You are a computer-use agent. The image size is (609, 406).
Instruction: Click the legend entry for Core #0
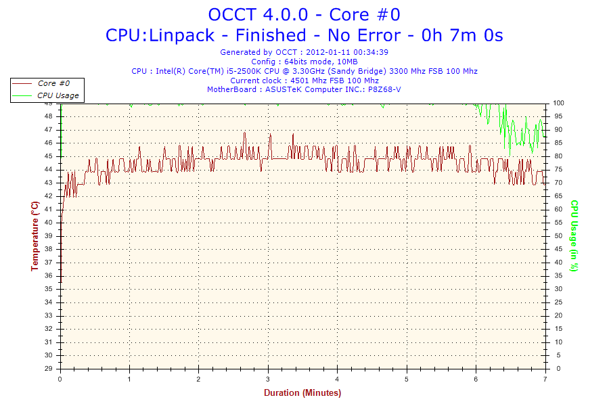click(x=56, y=83)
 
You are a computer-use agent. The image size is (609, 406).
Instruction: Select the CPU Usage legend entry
click(x=58, y=95)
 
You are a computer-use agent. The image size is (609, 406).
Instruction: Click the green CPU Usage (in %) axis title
click(x=574, y=235)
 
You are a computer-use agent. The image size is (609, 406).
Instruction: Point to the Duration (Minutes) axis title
click(x=302, y=392)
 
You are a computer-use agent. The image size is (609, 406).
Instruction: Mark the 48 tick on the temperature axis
click(x=49, y=116)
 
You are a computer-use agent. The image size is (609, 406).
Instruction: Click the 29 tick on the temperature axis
click(x=49, y=369)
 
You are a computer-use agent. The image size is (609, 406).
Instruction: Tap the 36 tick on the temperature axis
click(x=49, y=275)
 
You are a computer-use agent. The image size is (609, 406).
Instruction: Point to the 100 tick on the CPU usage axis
click(x=559, y=103)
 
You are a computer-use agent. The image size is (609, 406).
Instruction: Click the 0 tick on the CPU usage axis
click(x=557, y=369)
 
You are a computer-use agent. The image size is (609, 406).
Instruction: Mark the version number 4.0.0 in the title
click(x=281, y=14)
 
